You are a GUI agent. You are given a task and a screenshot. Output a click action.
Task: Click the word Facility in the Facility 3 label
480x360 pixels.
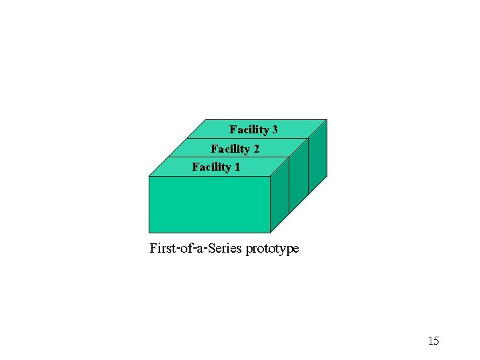(249, 129)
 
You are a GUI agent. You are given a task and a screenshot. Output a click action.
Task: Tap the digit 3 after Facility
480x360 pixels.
(274, 129)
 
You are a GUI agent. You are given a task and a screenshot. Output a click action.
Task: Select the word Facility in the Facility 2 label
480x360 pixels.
(231, 149)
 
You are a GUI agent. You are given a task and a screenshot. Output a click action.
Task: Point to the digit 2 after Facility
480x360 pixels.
(256, 149)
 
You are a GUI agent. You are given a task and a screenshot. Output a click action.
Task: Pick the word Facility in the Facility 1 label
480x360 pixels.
(211, 167)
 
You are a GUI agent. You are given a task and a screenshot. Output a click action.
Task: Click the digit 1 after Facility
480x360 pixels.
(237, 167)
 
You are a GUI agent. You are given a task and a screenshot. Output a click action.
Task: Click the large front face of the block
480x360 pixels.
(209, 204)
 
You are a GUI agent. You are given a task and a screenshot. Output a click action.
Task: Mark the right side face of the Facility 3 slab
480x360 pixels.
(317, 156)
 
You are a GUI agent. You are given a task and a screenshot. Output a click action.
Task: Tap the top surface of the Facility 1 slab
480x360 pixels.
(260, 167)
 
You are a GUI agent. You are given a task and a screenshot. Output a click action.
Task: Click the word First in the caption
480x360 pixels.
(162, 249)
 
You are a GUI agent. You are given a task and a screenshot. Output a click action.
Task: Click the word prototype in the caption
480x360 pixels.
(273, 249)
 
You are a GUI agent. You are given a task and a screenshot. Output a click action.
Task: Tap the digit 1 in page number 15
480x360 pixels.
(430, 341)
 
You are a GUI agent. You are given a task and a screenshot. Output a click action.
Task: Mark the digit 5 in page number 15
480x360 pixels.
(436, 341)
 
